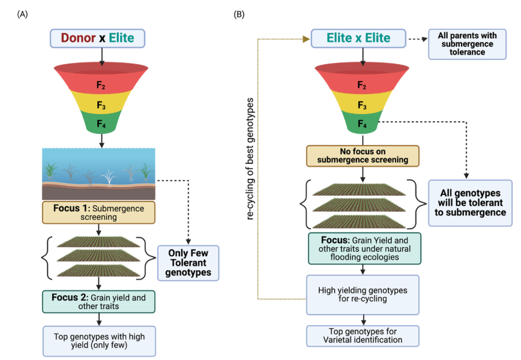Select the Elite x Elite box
[358, 38]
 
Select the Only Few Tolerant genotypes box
[188, 262]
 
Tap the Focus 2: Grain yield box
[99, 301]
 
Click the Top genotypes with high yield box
[98, 340]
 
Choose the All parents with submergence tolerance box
[465, 44]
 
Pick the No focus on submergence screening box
[362, 155]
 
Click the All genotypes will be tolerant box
[470, 203]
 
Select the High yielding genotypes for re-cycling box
[362, 295]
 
